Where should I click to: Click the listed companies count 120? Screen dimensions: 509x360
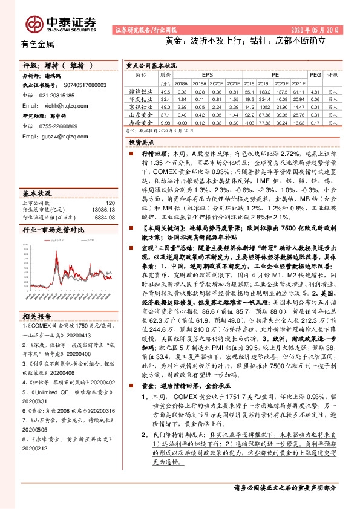click(110, 201)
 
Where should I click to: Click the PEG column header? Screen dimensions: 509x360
click(315, 74)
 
